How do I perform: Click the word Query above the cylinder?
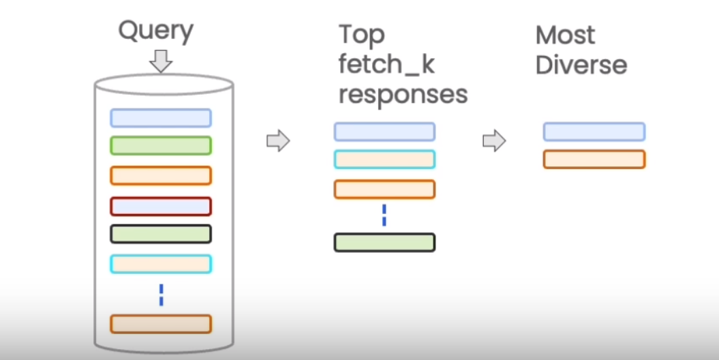(156, 31)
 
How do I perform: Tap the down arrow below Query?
(161, 61)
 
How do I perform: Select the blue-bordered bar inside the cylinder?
(161, 118)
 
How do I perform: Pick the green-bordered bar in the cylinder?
(161, 146)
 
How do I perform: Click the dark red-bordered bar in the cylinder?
(161, 206)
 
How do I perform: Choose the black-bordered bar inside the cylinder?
(161, 234)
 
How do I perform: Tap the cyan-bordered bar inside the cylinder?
(161, 264)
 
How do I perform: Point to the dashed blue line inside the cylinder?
(162, 295)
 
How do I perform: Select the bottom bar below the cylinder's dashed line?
(161, 324)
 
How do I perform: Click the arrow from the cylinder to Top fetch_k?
(278, 141)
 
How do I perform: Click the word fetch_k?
(386, 65)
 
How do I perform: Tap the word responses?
(403, 95)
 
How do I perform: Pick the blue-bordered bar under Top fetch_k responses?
(384, 132)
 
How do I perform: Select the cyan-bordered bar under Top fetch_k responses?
(384, 159)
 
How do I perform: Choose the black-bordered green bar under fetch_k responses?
(384, 242)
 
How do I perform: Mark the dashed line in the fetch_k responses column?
(384, 215)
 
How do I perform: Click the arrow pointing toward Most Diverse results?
(494, 141)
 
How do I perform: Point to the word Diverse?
(581, 65)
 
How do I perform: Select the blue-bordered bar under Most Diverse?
(594, 132)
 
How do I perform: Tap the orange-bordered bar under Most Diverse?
(594, 159)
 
